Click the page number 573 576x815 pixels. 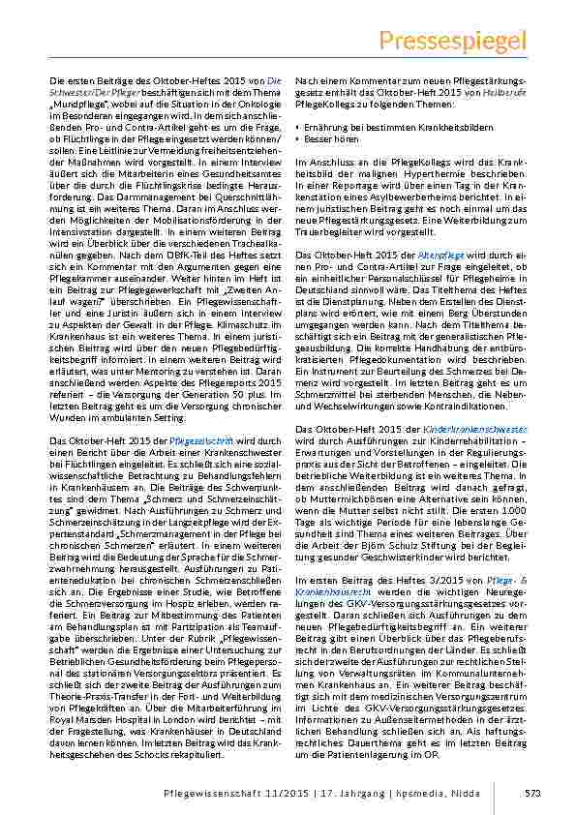coord(531,793)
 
